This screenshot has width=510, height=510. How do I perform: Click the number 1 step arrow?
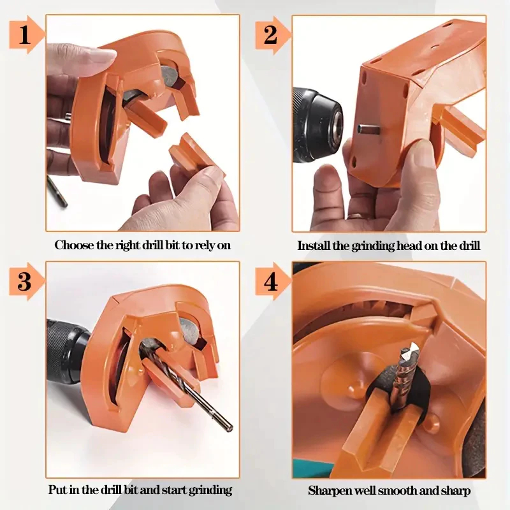[26, 34]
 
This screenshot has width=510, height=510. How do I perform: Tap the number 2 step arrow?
[272, 34]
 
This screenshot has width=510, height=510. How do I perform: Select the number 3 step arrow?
[26, 281]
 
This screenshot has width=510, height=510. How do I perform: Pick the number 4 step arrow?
[272, 281]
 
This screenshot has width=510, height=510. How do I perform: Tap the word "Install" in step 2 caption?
[314, 245]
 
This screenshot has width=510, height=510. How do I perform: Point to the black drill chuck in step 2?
[316, 125]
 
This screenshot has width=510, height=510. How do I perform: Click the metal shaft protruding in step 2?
[368, 129]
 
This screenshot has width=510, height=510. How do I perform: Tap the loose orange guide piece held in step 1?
[194, 153]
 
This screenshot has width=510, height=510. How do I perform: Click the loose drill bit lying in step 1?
[57, 192]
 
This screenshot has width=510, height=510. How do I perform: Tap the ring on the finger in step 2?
[356, 215]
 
